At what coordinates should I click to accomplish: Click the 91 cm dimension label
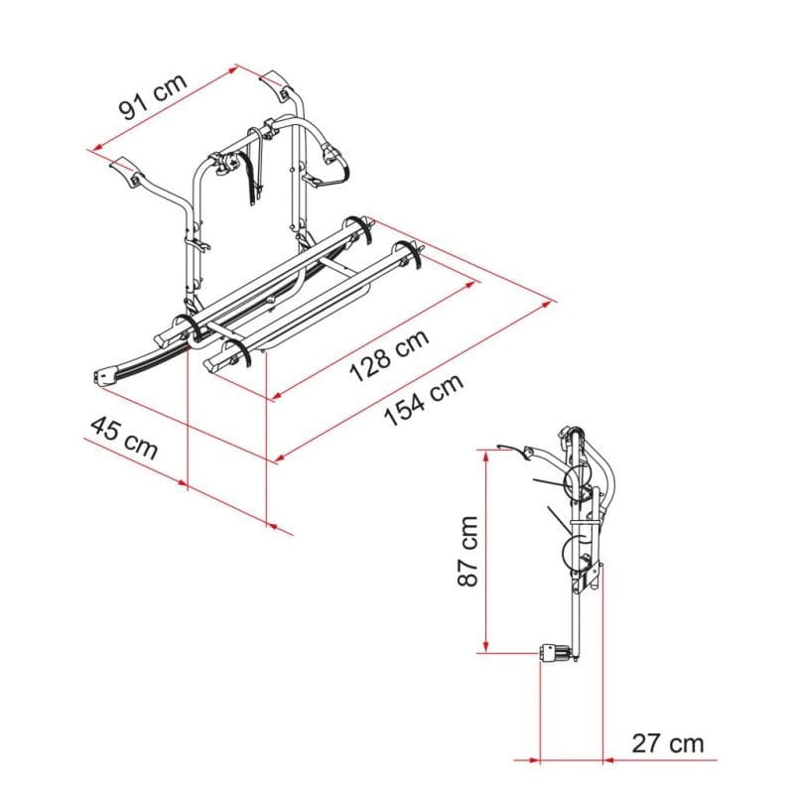pyautogui.click(x=153, y=96)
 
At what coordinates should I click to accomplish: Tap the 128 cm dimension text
pyautogui.click(x=389, y=355)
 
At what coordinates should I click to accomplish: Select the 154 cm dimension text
pyautogui.click(x=424, y=400)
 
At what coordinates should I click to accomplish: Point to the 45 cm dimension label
pyautogui.click(x=124, y=438)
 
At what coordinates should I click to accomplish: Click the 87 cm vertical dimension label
pyautogui.click(x=467, y=551)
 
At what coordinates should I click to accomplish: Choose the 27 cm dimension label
pyautogui.click(x=667, y=743)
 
